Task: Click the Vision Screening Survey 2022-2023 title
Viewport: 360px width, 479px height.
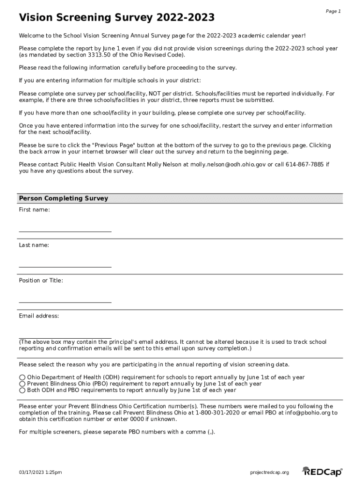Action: (117, 18)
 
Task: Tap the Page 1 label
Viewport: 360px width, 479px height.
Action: (333, 11)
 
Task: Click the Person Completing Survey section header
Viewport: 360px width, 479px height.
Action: (64, 198)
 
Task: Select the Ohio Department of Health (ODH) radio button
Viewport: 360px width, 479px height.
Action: (22, 377)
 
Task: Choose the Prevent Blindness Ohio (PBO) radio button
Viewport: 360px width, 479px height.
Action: (22, 384)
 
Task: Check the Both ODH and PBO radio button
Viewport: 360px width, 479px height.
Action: (22, 390)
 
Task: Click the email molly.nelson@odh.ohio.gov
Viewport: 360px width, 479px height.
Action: (228, 165)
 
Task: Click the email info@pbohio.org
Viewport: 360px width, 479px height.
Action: (304, 413)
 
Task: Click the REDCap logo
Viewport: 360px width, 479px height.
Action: (323, 472)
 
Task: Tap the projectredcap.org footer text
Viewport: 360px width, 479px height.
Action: (270, 472)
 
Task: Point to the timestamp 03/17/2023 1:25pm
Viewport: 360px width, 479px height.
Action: (40, 472)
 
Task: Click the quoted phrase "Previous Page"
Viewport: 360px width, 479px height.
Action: (111, 145)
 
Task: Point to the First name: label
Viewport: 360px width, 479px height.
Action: (34, 210)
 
